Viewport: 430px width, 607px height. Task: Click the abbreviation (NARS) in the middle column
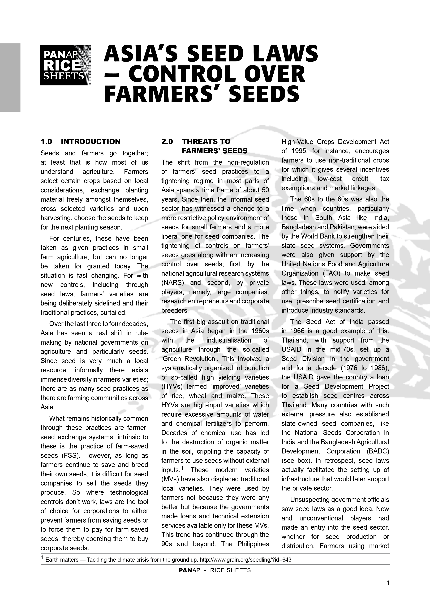(173, 283)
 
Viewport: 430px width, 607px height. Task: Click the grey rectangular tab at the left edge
(10, 78)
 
